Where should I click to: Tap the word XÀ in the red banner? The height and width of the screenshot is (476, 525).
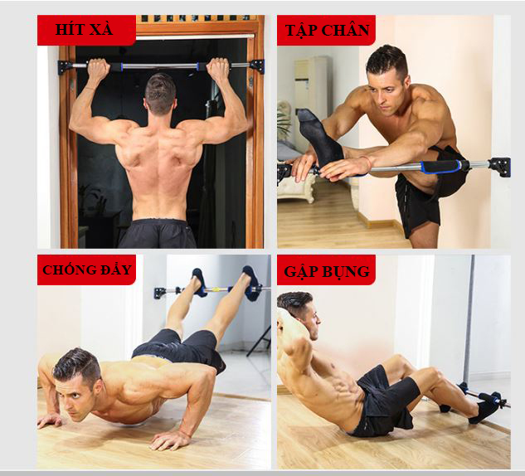[x=101, y=29]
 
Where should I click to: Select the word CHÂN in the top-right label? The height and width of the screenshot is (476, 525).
[x=346, y=30]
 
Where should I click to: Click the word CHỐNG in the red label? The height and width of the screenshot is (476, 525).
[x=65, y=270]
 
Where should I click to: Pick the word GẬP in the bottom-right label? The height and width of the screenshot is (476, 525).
[x=299, y=271]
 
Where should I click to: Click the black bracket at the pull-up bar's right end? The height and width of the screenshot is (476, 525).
[x=257, y=66]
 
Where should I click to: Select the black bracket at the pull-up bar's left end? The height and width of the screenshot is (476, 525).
[x=65, y=67]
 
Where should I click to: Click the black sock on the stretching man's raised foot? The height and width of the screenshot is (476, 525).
[x=320, y=137]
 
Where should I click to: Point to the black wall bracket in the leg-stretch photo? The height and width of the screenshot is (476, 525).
[x=499, y=167]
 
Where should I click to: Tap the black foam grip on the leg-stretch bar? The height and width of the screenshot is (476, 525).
[x=440, y=166]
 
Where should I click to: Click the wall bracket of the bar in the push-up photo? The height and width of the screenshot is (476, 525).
[x=160, y=292]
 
